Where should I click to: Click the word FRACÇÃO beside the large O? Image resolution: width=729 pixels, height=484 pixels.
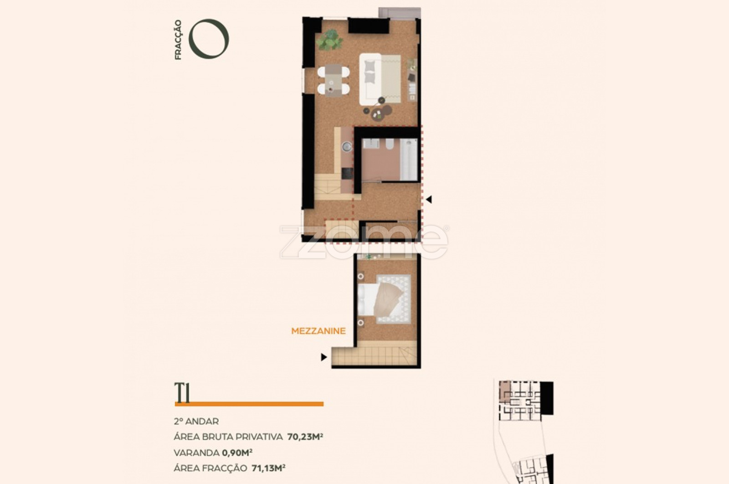click(x=178, y=40)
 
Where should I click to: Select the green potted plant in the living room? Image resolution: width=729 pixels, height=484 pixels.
click(x=329, y=40)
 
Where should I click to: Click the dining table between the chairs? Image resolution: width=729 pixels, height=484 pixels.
click(x=334, y=80)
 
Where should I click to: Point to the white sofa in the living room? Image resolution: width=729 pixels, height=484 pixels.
click(x=370, y=79)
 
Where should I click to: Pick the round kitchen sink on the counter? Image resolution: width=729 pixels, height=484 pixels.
click(x=347, y=146)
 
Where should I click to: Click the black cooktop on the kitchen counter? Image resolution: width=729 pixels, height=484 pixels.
click(x=347, y=173)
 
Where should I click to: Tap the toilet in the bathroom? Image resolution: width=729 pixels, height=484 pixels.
click(x=390, y=144)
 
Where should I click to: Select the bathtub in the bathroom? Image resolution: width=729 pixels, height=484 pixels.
click(x=409, y=159)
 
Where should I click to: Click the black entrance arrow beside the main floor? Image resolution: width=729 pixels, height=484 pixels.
click(x=429, y=200)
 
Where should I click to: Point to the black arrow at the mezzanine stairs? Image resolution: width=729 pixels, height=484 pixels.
click(x=324, y=357)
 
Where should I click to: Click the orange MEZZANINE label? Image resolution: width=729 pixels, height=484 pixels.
click(x=318, y=331)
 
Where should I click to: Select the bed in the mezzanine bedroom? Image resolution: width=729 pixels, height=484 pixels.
click(x=381, y=299)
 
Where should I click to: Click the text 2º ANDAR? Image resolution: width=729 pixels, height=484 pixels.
click(x=196, y=421)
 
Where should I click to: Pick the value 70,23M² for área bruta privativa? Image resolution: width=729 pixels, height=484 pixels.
click(x=305, y=437)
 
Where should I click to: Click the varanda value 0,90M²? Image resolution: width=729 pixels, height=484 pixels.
click(x=237, y=453)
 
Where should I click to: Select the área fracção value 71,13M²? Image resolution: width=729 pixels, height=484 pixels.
click(x=268, y=468)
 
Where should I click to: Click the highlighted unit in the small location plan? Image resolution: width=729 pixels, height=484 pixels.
click(x=505, y=390)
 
